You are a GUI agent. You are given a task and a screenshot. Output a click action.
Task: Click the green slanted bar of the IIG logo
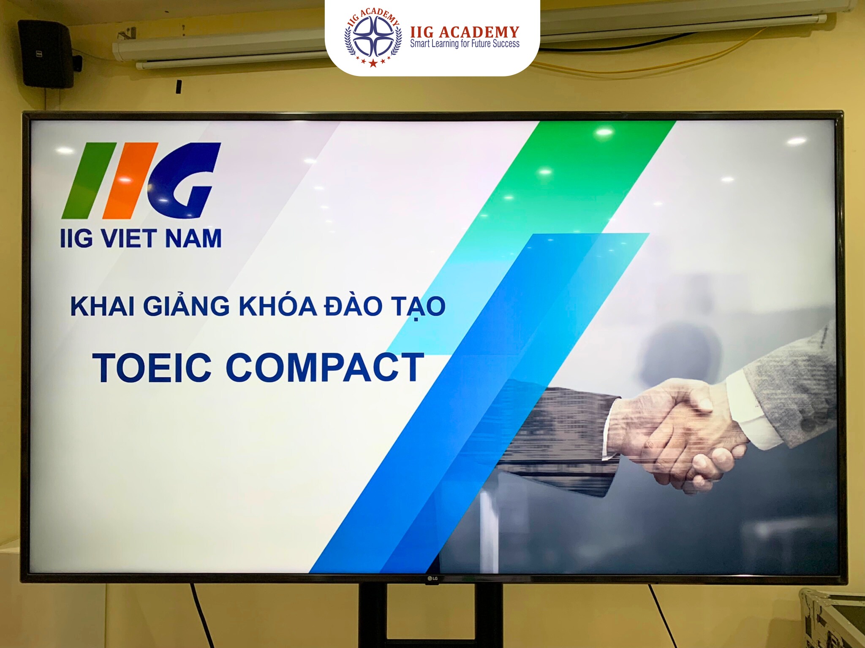[89, 181]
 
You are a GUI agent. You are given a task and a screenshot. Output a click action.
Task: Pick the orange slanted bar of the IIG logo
[130, 181]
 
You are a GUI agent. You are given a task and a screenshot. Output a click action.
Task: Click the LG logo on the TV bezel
[432, 579]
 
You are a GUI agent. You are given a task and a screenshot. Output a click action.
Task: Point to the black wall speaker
[46, 54]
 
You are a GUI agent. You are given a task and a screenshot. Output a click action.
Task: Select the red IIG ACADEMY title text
[465, 32]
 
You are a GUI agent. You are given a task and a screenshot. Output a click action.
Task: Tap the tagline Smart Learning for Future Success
[465, 43]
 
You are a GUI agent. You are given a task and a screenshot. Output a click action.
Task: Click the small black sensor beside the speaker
[179, 86]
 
